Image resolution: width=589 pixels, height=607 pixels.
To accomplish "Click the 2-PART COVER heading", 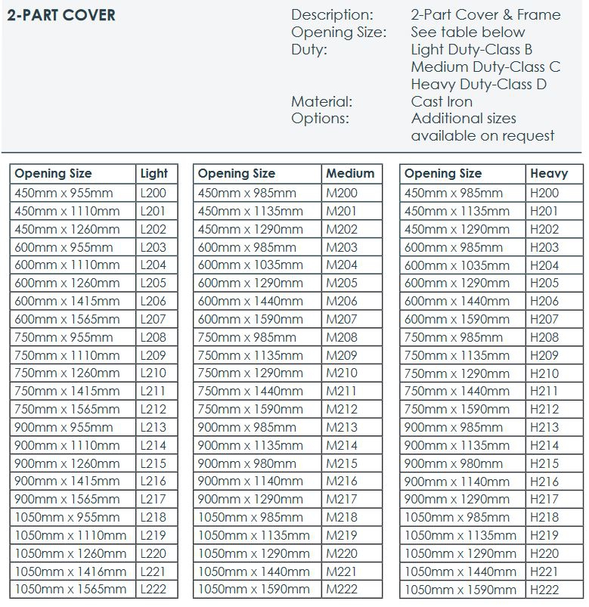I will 61,15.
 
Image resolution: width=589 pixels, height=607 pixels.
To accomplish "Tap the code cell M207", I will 342,319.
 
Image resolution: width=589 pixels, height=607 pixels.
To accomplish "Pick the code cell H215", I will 544,463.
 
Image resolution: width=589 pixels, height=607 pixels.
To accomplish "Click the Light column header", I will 153,174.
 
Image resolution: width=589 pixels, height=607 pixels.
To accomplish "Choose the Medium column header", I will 350,174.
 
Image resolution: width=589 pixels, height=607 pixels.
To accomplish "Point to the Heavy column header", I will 549,174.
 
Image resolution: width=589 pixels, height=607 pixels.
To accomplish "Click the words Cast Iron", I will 442,101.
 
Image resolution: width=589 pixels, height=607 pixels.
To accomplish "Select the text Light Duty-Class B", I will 472,49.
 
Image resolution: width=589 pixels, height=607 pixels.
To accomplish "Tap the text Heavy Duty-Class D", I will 479,84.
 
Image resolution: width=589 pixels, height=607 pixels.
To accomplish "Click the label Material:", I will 321,101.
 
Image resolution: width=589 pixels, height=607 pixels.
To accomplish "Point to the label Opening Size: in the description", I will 338,32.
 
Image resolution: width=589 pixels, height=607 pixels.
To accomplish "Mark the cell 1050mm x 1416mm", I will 71,571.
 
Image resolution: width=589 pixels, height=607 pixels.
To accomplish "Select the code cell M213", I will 342,427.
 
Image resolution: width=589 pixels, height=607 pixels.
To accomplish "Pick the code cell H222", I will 544,590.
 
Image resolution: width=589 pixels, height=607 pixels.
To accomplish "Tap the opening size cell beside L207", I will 67,319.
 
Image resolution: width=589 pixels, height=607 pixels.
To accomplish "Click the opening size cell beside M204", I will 250,265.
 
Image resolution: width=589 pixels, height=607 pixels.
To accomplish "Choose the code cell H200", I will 544,193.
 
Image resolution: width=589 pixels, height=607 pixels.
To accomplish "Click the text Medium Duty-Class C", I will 485,67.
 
